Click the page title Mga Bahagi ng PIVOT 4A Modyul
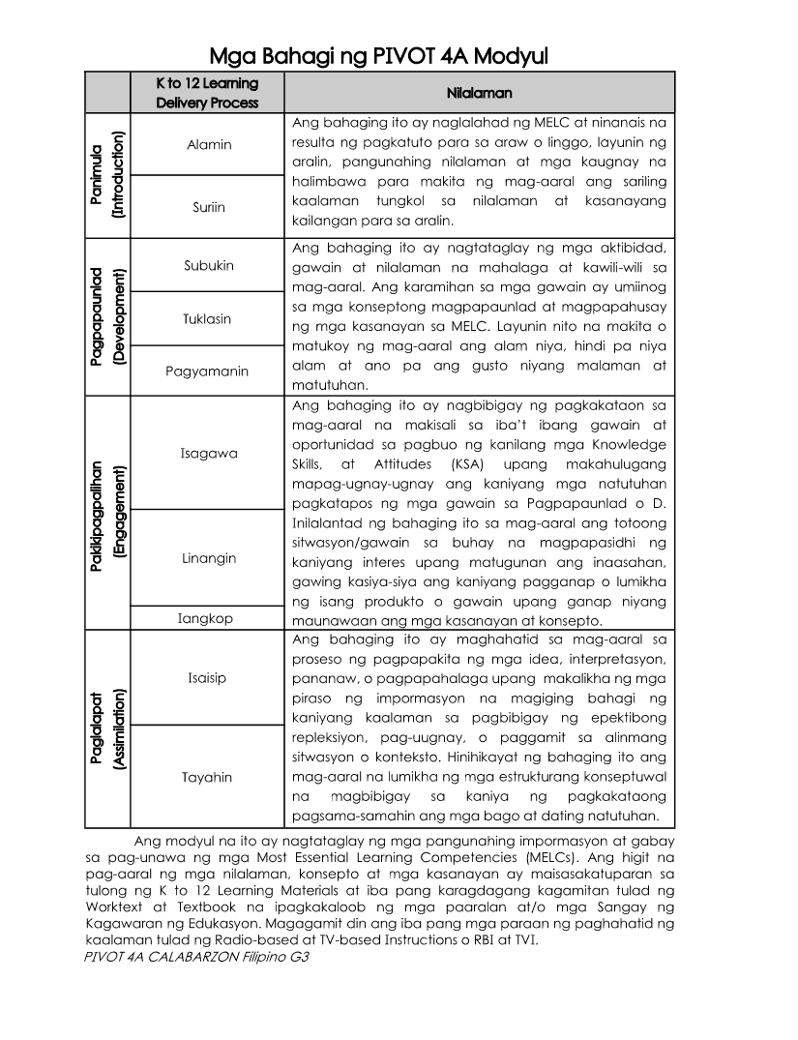[x=379, y=56]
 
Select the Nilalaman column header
[x=479, y=93]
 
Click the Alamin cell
[x=209, y=145]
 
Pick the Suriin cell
[x=209, y=207]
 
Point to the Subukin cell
[x=209, y=265]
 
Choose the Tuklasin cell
[x=209, y=318]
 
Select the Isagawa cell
[x=208, y=453]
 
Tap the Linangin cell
[x=208, y=558]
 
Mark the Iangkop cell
[x=205, y=618]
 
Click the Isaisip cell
[x=207, y=677]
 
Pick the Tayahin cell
[x=207, y=777]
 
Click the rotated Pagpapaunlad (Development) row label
[x=106, y=318]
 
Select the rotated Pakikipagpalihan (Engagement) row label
[x=106, y=512]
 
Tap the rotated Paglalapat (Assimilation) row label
[x=106, y=728]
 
